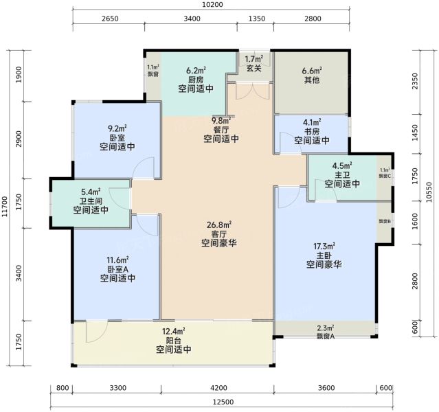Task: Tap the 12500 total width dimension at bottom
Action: pyautogui.click(x=223, y=402)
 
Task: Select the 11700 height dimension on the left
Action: pyautogui.click(x=5, y=207)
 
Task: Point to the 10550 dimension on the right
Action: pyautogui.click(x=430, y=192)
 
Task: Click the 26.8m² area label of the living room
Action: pyautogui.click(x=219, y=225)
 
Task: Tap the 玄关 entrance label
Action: pyautogui.click(x=254, y=68)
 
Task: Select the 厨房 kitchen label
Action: pyautogui.click(x=196, y=80)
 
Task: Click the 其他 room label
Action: pyautogui.click(x=312, y=80)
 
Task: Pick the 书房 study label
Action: pyautogui.click(x=312, y=131)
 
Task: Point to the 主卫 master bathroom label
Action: pyautogui.click(x=342, y=175)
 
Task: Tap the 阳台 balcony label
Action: pyautogui.click(x=174, y=341)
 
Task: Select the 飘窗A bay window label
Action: pyautogui.click(x=326, y=336)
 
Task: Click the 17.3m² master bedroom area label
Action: pyautogui.click(x=324, y=247)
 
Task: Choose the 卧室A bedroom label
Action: pyautogui.click(x=118, y=269)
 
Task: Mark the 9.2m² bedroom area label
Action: pyautogui.click(x=117, y=129)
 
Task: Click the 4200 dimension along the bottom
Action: pyautogui.click(x=218, y=388)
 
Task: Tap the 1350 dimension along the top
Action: pyautogui.click(x=257, y=19)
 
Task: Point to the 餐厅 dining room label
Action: pyautogui.click(x=221, y=130)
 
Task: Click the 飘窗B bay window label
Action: pyautogui.click(x=385, y=221)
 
